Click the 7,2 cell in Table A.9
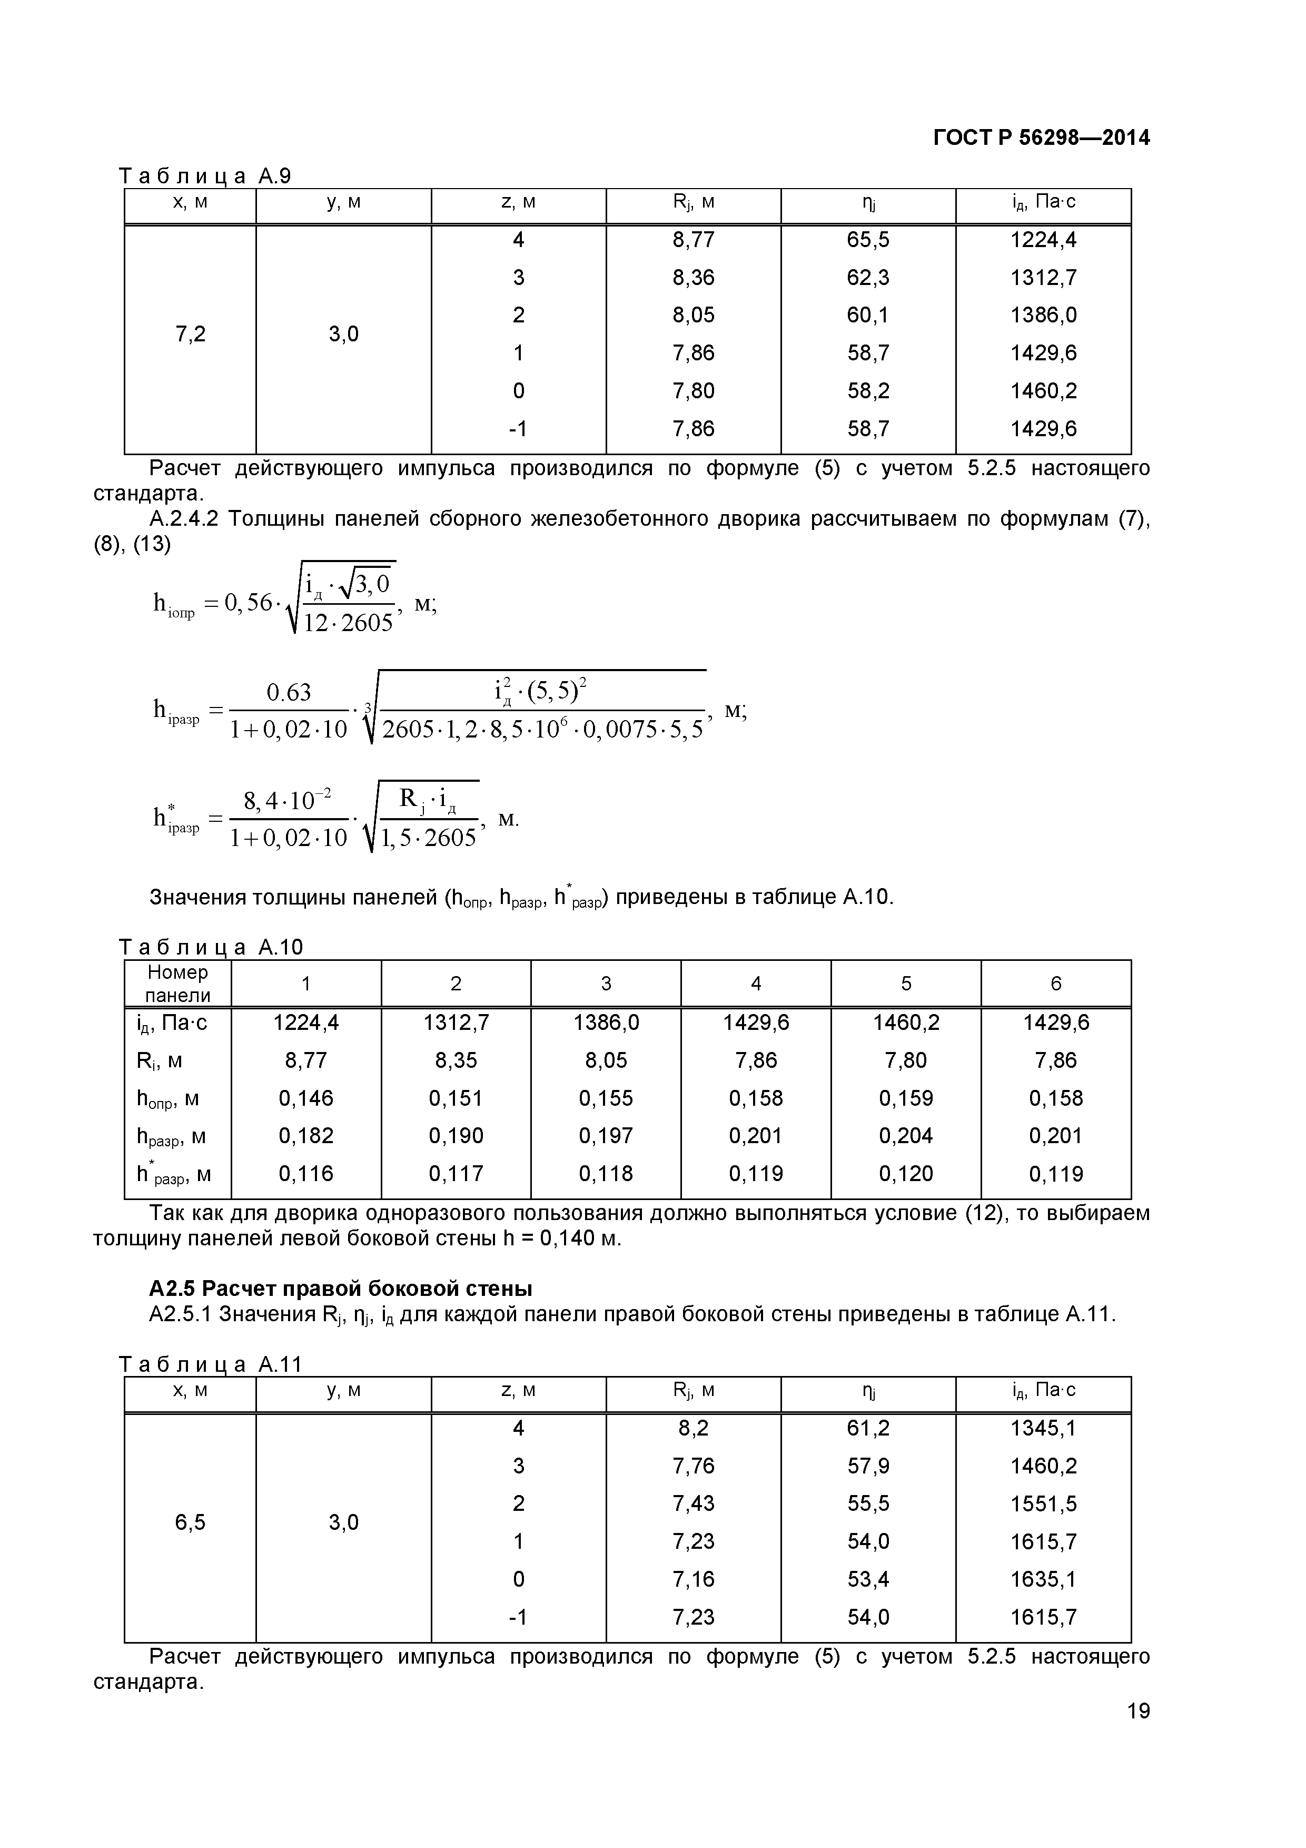tap(190, 334)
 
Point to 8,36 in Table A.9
tap(693, 278)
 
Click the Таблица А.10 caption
tap(211, 947)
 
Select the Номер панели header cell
tap(178, 984)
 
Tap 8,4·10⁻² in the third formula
tap(288, 801)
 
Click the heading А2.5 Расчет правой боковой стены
tap(340, 1289)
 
